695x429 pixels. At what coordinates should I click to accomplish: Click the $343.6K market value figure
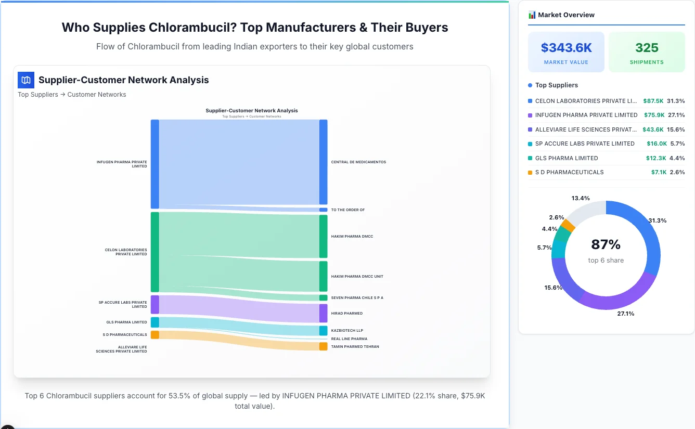(x=566, y=48)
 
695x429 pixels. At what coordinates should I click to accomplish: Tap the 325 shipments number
(x=647, y=48)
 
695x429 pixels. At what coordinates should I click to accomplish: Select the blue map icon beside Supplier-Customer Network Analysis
(x=26, y=80)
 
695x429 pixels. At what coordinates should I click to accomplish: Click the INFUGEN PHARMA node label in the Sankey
(x=122, y=164)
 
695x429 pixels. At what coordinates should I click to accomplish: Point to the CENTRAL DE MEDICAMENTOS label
(x=358, y=162)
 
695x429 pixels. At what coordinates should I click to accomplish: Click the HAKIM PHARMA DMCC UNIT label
(x=357, y=277)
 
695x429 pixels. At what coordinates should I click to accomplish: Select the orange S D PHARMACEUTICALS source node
(x=155, y=335)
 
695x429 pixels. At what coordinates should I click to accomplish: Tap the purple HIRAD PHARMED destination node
(x=323, y=314)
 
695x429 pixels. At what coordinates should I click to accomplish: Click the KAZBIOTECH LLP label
(x=347, y=331)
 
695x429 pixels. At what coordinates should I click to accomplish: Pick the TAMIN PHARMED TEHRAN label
(x=355, y=347)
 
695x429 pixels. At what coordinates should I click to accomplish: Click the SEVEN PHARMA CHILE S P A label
(x=357, y=298)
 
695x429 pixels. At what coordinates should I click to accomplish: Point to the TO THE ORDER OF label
(x=347, y=210)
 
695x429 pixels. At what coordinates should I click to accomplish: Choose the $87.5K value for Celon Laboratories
(x=653, y=101)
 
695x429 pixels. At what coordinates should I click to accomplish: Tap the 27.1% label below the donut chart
(x=625, y=314)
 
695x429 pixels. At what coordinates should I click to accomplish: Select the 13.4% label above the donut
(x=580, y=198)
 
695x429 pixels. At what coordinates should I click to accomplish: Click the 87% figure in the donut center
(x=606, y=244)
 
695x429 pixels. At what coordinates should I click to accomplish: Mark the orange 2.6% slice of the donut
(x=568, y=226)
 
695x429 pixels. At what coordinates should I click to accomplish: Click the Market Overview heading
(x=566, y=15)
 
